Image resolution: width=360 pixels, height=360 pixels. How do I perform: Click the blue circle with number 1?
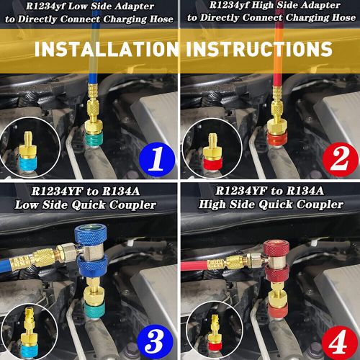tap(157, 159)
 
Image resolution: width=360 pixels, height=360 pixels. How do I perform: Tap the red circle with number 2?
tap(341, 159)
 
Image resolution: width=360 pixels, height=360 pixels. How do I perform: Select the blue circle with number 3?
tap(155, 341)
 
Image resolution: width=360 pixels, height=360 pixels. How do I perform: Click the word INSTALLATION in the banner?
tap(107, 49)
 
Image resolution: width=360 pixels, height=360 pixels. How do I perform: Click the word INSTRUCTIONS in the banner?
tap(259, 49)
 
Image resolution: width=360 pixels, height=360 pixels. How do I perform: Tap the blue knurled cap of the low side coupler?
tap(91, 235)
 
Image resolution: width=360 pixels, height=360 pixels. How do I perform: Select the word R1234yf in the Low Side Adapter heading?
tap(45, 6)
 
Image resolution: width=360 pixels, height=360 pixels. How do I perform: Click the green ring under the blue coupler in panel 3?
tap(94, 310)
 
